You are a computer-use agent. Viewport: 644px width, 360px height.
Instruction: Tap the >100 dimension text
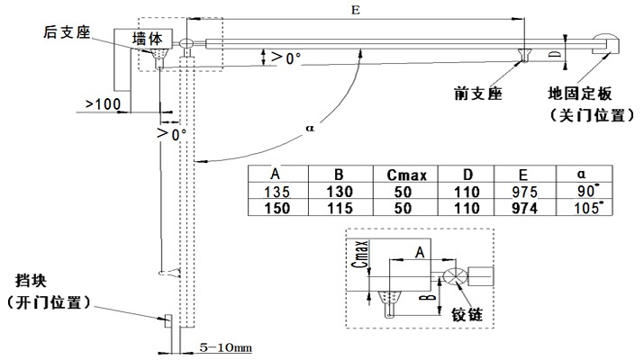point(103,104)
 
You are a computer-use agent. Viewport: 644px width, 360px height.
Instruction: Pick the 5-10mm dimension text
point(224,345)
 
